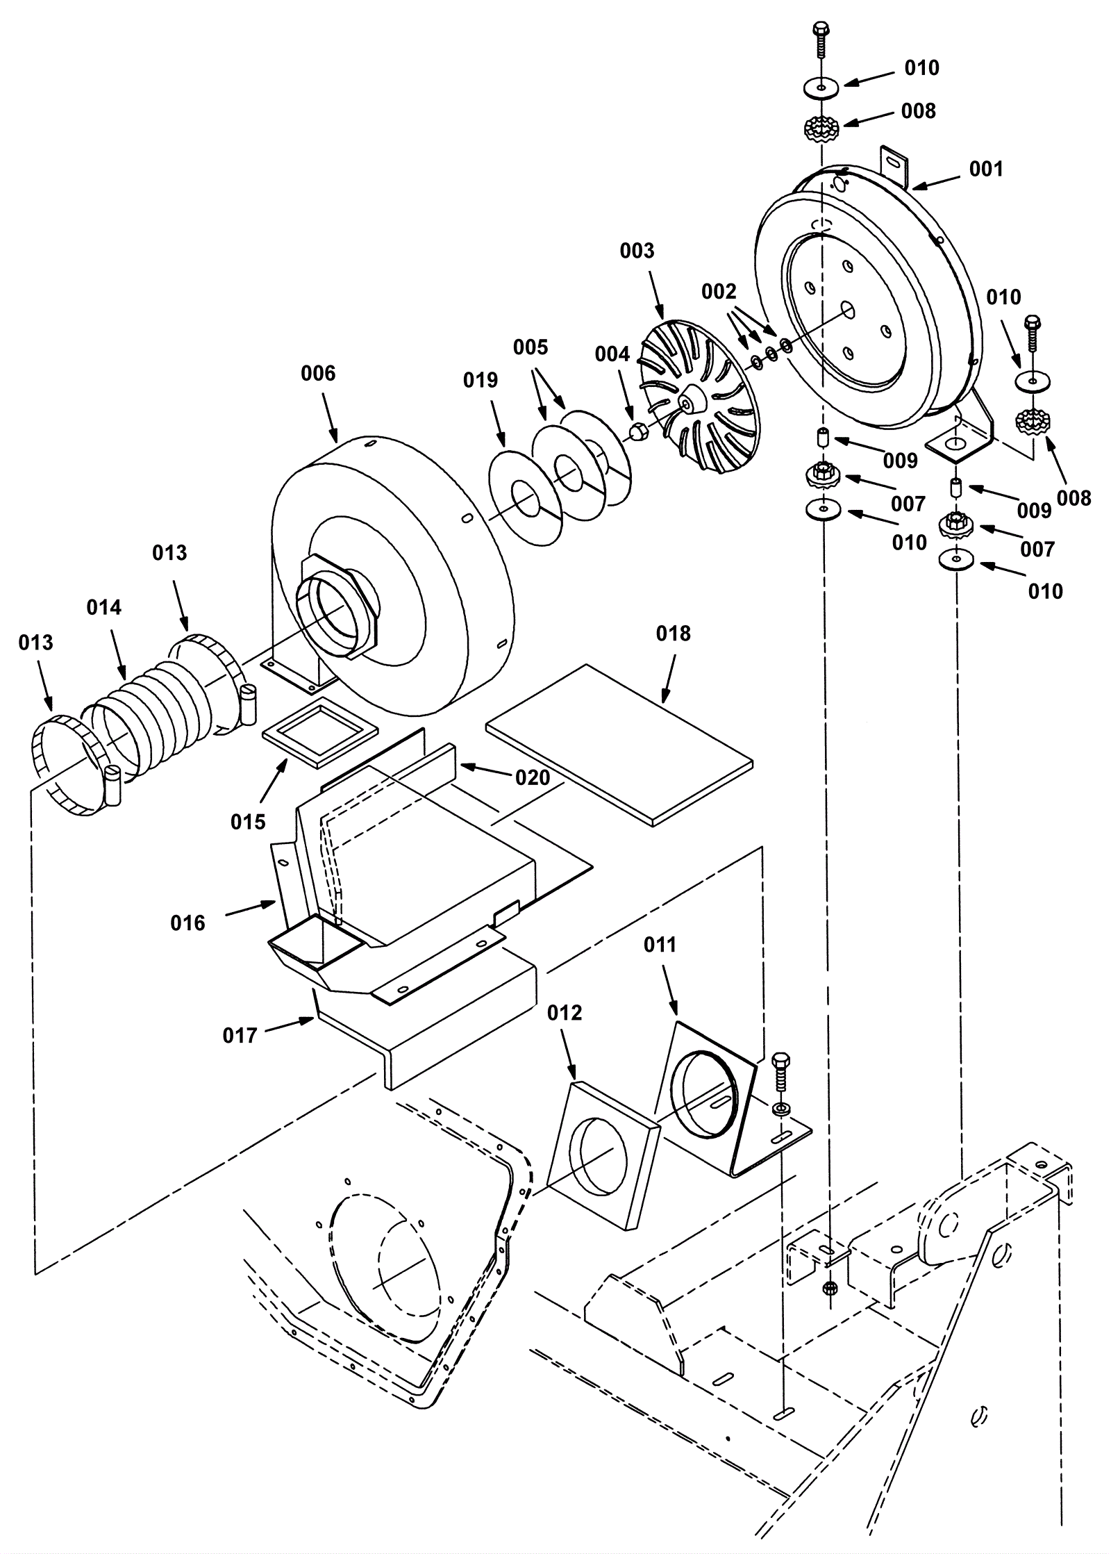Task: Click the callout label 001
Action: click(x=986, y=169)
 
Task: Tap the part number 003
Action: click(x=637, y=250)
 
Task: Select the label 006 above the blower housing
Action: click(x=318, y=373)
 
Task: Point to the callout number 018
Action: click(x=674, y=633)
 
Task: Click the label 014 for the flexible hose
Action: click(x=103, y=607)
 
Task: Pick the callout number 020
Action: click(x=533, y=777)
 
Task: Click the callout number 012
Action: click(x=565, y=1013)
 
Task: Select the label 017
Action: click(x=240, y=1036)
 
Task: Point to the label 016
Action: click(x=187, y=923)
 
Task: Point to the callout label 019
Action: click(x=481, y=380)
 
